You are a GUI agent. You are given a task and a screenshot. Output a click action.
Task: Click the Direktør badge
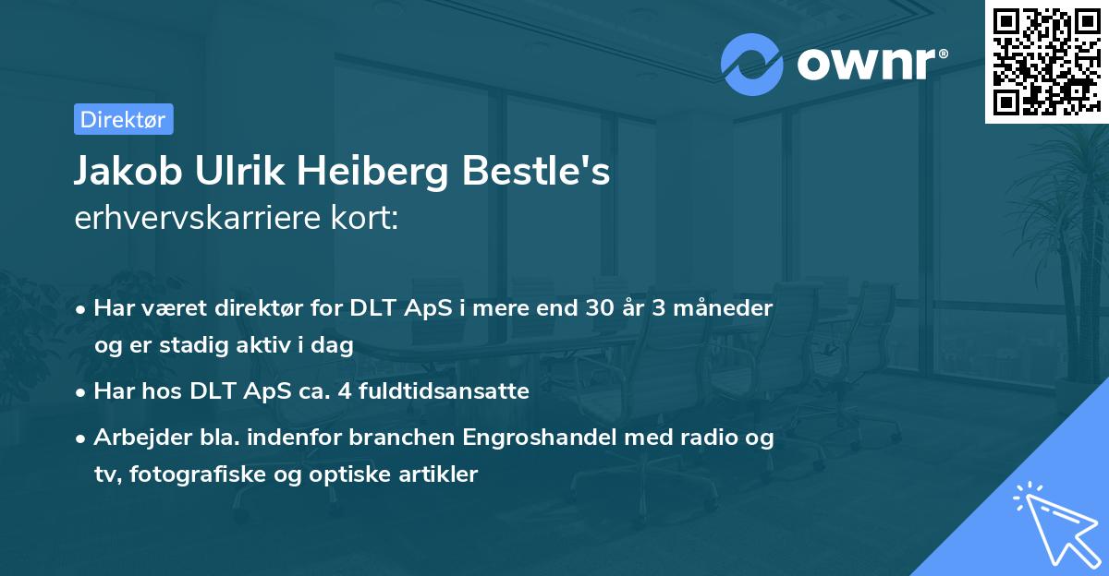(x=123, y=119)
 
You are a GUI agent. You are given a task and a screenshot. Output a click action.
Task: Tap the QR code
(x=1046, y=62)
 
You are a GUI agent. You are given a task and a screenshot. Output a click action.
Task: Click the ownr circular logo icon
(x=752, y=64)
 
